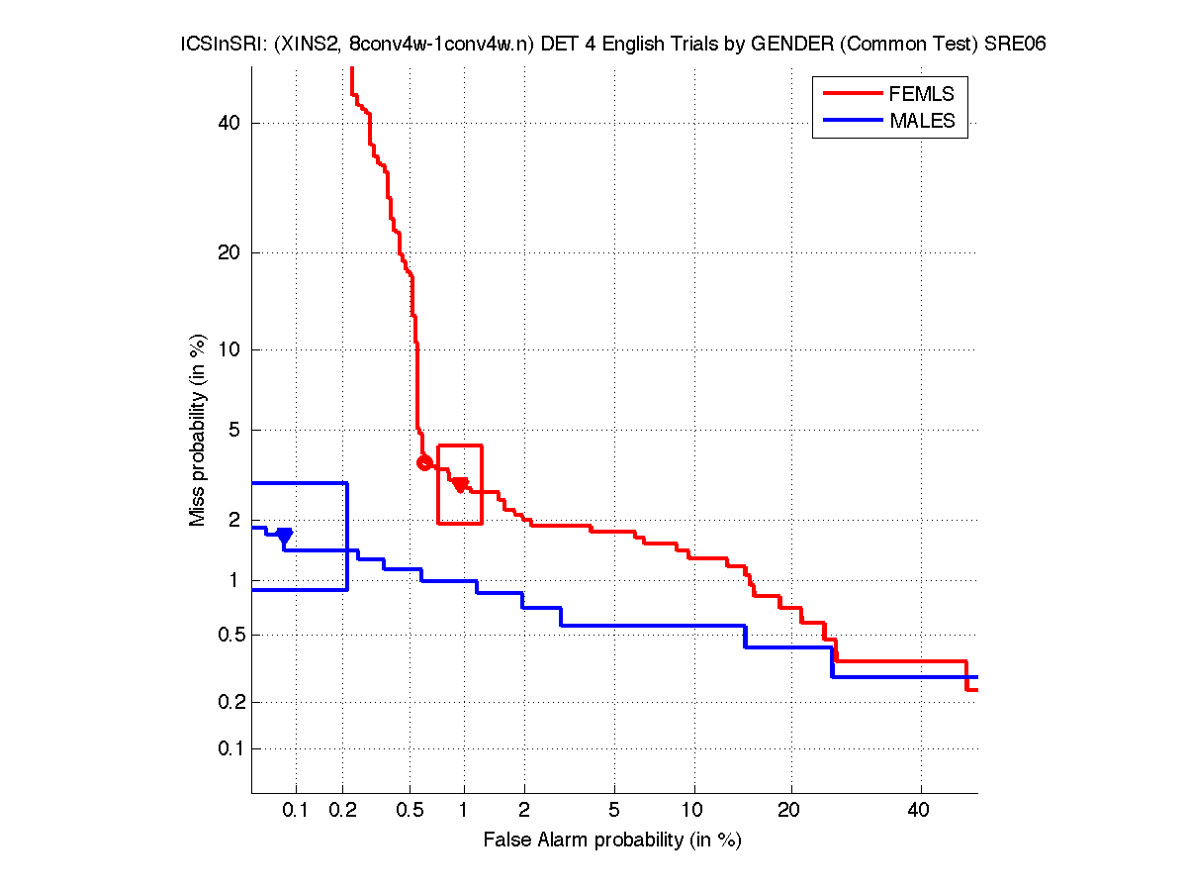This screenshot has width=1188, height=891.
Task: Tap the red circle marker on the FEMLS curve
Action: point(424,462)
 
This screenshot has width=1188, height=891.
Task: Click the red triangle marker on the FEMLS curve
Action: point(460,484)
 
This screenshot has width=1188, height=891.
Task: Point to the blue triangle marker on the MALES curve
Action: point(285,536)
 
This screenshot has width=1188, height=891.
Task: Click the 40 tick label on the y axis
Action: point(229,123)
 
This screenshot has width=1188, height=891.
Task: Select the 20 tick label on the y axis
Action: point(229,252)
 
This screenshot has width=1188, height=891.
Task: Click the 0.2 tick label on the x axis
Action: point(343,811)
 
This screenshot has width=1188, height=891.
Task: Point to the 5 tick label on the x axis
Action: point(614,811)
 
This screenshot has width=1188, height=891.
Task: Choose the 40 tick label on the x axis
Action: point(920,811)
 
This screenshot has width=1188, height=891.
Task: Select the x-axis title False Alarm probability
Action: point(612,841)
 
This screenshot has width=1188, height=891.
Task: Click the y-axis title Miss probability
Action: point(199,431)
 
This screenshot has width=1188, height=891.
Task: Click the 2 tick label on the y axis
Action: point(233,520)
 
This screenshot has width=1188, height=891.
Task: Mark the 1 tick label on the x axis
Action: point(463,811)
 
